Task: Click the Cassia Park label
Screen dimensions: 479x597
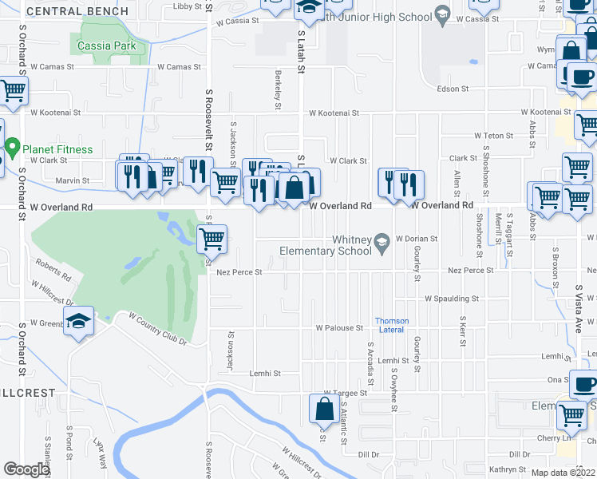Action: coord(108,46)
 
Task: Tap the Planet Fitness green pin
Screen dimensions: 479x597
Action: coord(13,148)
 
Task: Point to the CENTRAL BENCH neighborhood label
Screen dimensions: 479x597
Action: coord(77,11)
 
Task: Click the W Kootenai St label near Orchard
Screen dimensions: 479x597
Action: coord(55,113)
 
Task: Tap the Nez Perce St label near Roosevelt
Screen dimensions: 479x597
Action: coord(239,271)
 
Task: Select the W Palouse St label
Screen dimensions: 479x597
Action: coord(339,328)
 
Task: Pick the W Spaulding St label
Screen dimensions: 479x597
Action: coord(452,299)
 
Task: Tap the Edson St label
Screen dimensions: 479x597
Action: coord(453,89)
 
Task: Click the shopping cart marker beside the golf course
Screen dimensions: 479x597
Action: coord(212,238)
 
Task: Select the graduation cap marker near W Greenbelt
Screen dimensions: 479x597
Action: coord(78,321)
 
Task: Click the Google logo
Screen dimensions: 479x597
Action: coord(26,469)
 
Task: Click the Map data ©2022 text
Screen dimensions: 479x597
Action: coord(563,473)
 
